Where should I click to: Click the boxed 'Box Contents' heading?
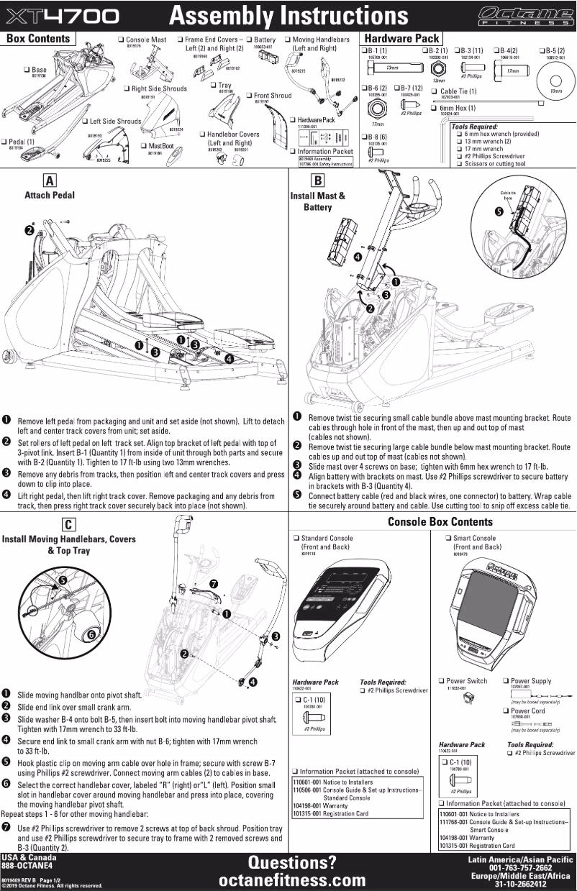(x=38, y=39)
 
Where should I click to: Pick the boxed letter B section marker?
(x=317, y=181)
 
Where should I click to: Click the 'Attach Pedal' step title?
(x=49, y=195)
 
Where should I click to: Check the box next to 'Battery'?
(x=248, y=40)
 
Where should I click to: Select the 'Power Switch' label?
(x=467, y=680)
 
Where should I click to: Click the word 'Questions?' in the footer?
(x=291, y=862)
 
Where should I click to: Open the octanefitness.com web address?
(x=291, y=880)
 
